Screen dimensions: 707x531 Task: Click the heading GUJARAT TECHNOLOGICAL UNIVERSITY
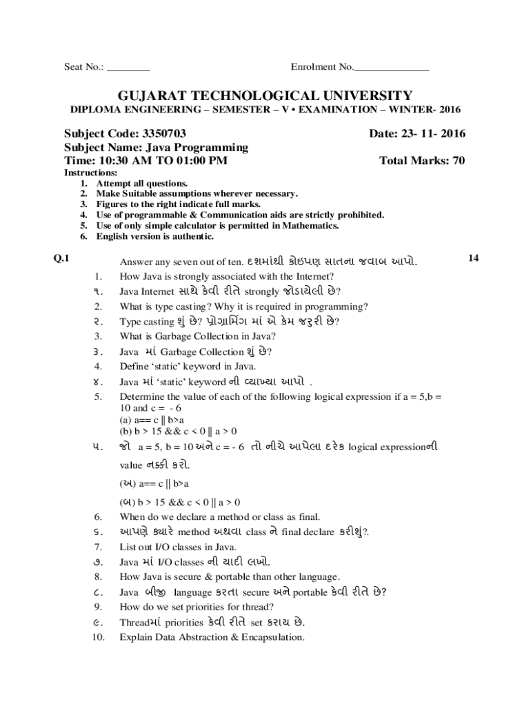pyautogui.click(x=265, y=95)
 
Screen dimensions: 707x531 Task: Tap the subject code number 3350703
pyautogui.click(x=164, y=133)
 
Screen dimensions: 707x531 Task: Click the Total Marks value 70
pyautogui.click(x=458, y=161)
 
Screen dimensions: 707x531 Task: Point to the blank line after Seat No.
pyautogui.click(x=129, y=68)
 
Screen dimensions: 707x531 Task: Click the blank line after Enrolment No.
pyautogui.click(x=391, y=68)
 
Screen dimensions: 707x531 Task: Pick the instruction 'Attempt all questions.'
pyautogui.click(x=142, y=184)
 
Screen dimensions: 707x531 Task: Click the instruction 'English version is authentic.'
pyautogui.click(x=155, y=237)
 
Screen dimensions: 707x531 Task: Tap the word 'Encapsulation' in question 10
pyautogui.click(x=272, y=637)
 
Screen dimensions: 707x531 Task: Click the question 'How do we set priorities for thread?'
pyautogui.click(x=197, y=607)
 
